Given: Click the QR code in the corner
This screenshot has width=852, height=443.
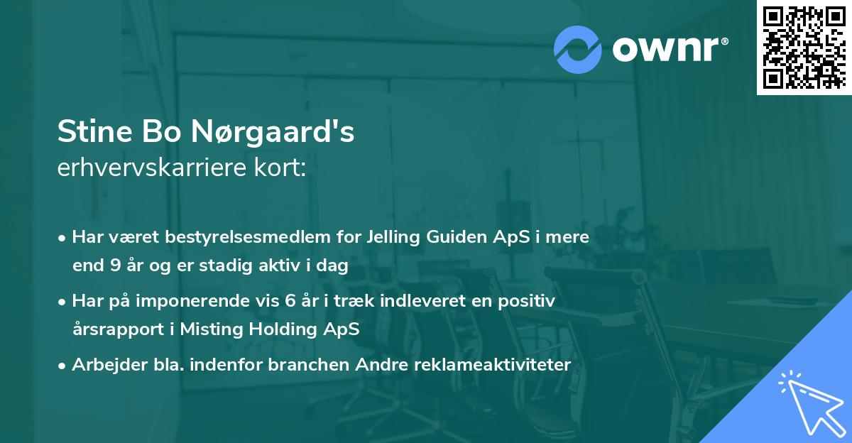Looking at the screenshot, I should (804, 47).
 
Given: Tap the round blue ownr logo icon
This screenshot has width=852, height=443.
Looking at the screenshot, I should (578, 50).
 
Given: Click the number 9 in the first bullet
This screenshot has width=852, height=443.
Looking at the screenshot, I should (116, 266).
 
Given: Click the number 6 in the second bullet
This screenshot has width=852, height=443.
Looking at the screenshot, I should (290, 301).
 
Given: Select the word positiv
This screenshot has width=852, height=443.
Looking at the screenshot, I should (528, 301).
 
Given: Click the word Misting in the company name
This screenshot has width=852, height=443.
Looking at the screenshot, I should (205, 329).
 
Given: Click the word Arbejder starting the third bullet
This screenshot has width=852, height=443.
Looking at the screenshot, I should (104, 365).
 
